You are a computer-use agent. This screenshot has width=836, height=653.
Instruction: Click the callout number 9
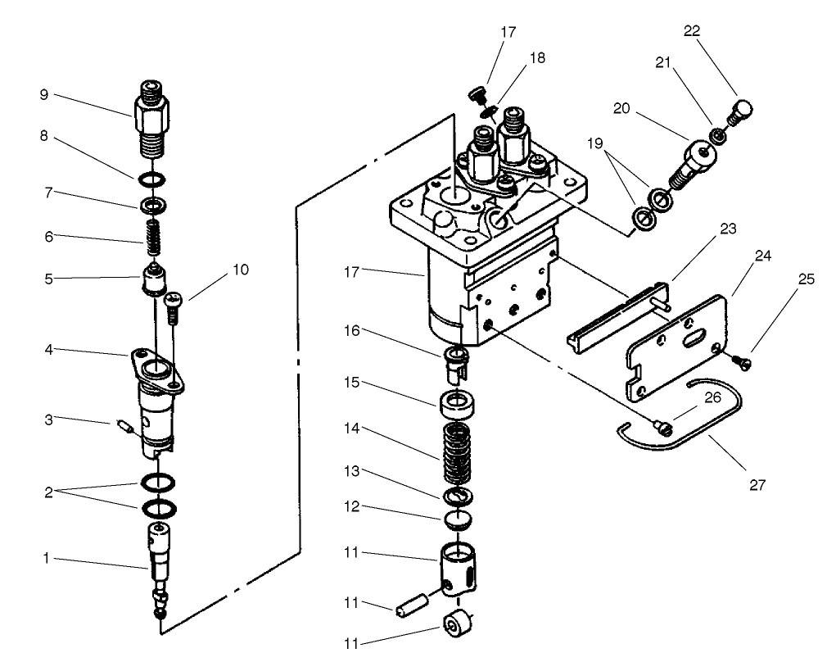(x=43, y=94)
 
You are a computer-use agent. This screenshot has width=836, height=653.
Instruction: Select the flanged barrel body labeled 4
(x=155, y=393)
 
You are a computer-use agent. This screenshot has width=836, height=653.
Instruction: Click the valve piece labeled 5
(x=152, y=279)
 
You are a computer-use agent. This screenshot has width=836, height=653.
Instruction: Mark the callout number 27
(x=757, y=485)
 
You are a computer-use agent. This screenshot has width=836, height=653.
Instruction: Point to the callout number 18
(x=536, y=58)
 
